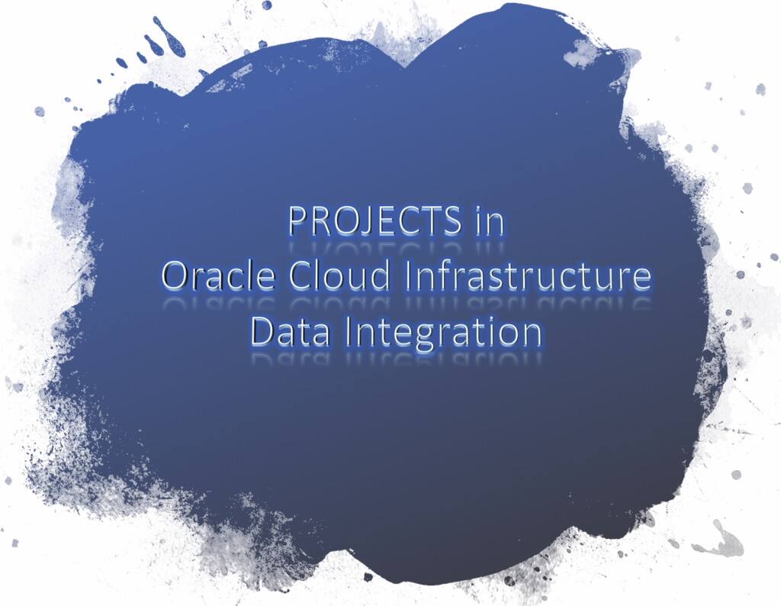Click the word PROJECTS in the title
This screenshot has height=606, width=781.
[x=374, y=221]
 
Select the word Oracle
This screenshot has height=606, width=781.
[x=218, y=277]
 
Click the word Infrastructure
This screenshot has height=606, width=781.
[x=529, y=277]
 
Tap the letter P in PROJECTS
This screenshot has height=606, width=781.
[x=300, y=221]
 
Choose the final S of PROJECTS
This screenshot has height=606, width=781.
[x=451, y=221]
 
